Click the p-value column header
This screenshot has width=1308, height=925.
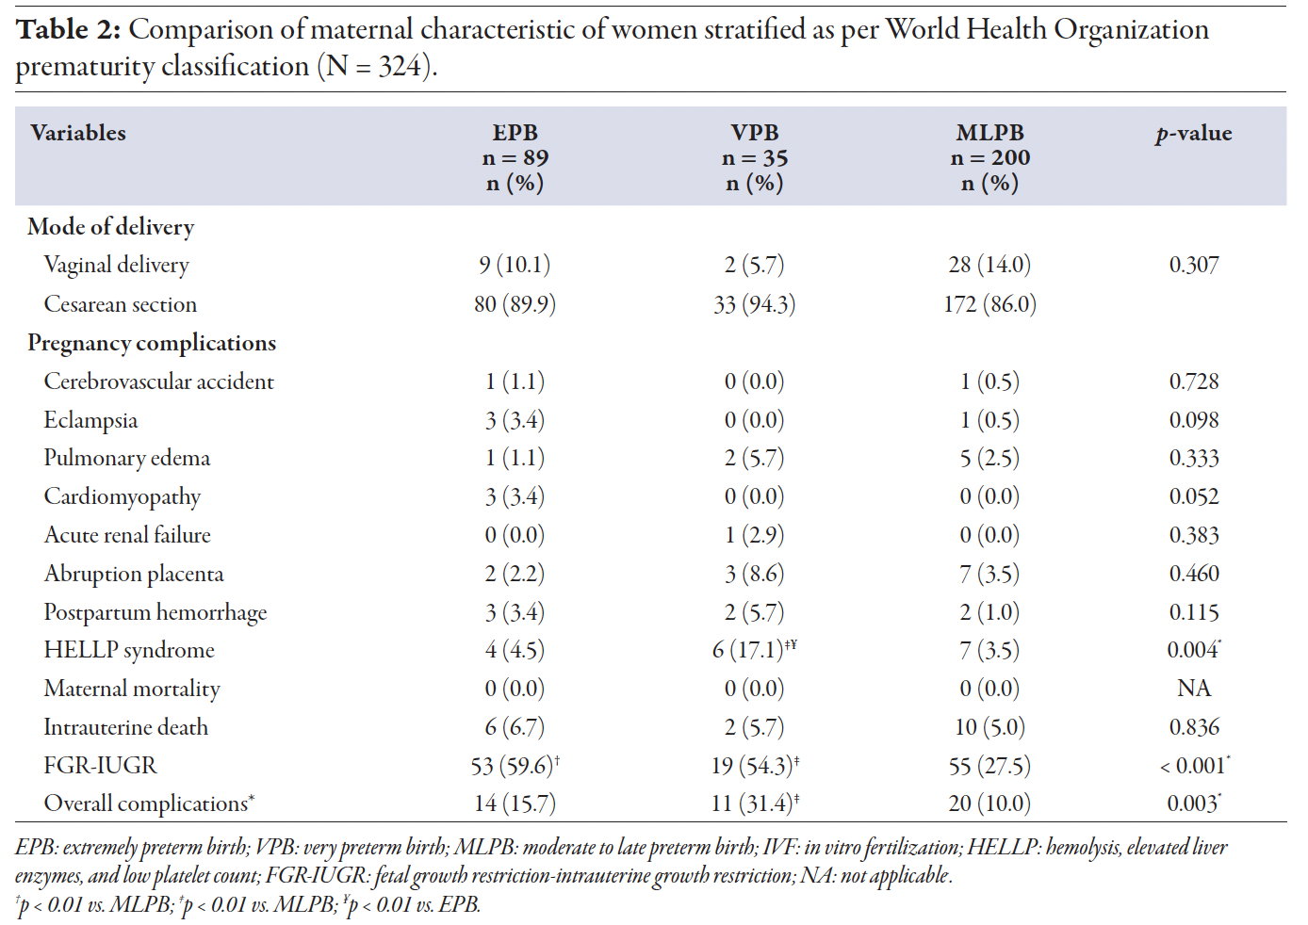[1193, 134]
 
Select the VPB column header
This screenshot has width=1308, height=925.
[754, 157]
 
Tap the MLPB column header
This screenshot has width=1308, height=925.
[989, 157]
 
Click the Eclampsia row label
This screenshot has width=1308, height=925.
[90, 420]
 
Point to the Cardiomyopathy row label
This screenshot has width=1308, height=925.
[122, 496]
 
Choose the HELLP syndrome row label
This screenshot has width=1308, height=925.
[129, 650]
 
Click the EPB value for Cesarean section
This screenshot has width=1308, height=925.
[515, 304]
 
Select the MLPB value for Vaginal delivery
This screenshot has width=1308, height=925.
[989, 265]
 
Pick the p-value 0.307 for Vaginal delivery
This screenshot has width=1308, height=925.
[1193, 265]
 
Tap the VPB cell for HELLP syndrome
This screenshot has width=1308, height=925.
[754, 650]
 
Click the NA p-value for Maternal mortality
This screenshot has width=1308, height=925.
[1193, 689]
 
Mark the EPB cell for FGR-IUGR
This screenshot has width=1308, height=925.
[515, 766]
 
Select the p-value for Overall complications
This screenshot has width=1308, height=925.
[1193, 803]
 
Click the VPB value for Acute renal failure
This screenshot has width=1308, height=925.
[754, 535]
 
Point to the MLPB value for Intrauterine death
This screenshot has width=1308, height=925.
[989, 727]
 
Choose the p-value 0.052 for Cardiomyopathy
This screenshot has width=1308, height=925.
[1193, 496]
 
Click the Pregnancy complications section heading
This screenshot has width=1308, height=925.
[152, 343]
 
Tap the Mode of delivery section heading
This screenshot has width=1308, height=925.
[110, 227]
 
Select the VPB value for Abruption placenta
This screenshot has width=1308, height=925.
[754, 574]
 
